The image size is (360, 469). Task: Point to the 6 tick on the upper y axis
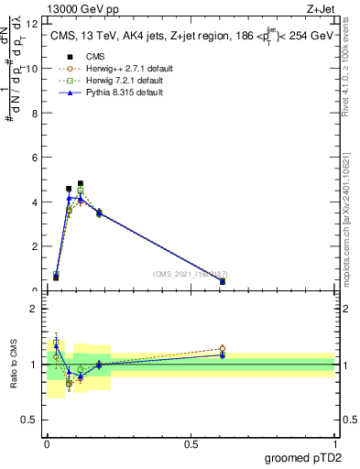click(35, 158)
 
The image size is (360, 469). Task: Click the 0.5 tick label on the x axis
click(191, 443)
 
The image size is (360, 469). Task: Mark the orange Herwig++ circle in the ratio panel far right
click(223, 348)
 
